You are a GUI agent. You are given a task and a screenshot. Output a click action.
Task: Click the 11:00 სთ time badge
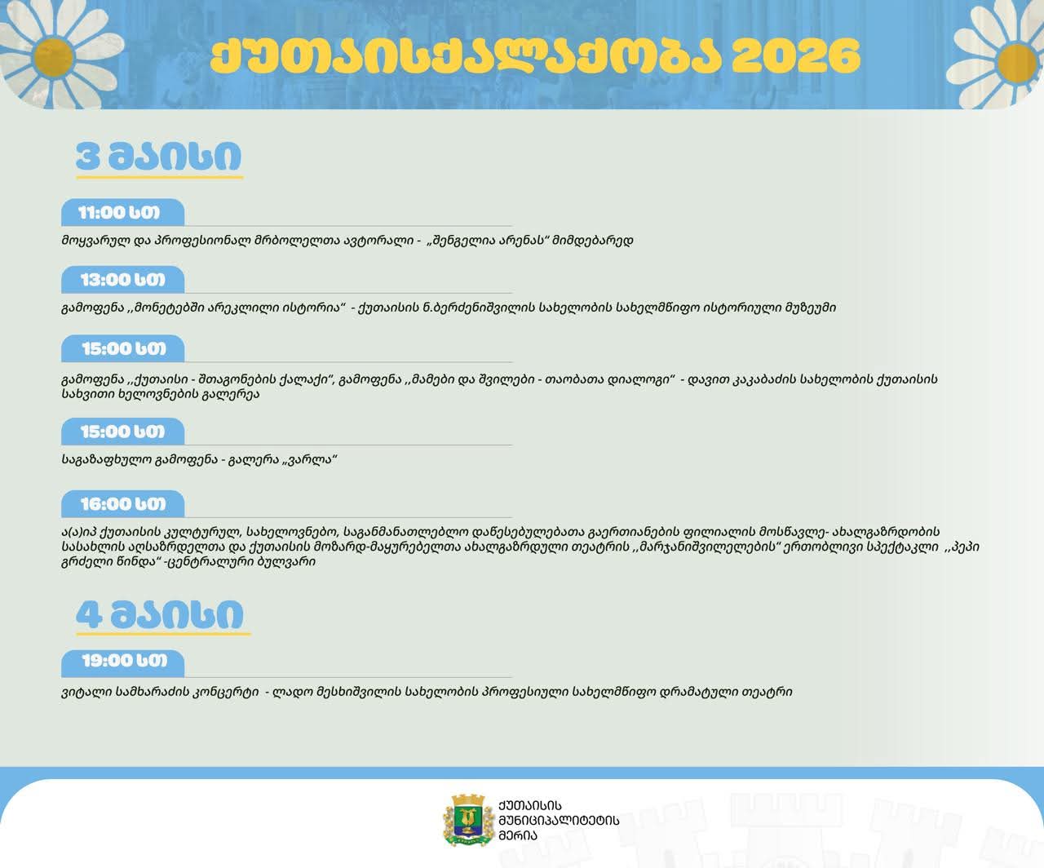[122, 212]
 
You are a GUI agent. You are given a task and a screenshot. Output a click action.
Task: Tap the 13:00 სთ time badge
[122, 280]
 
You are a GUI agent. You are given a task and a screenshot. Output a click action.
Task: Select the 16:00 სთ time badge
[122, 503]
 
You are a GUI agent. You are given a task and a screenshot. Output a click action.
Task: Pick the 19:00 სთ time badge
[122, 660]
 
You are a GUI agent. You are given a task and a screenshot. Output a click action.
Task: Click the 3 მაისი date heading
[159, 157]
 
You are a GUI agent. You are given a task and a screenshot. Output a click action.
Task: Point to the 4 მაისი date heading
[161, 615]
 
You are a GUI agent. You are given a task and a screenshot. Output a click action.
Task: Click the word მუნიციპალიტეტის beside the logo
[559, 820]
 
